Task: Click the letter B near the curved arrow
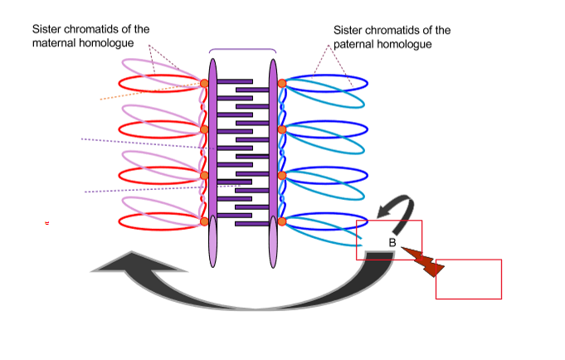point(392,242)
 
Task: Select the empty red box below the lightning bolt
point(468,279)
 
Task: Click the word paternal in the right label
point(354,44)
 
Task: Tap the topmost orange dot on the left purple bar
point(203,84)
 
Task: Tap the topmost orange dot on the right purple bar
point(282,84)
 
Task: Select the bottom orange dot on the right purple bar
point(282,221)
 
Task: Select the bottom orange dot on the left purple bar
point(203,221)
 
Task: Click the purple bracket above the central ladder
point(242,51)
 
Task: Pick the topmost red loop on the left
point(158,84)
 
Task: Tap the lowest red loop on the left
point(158,221)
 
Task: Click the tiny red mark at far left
point(47,223)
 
